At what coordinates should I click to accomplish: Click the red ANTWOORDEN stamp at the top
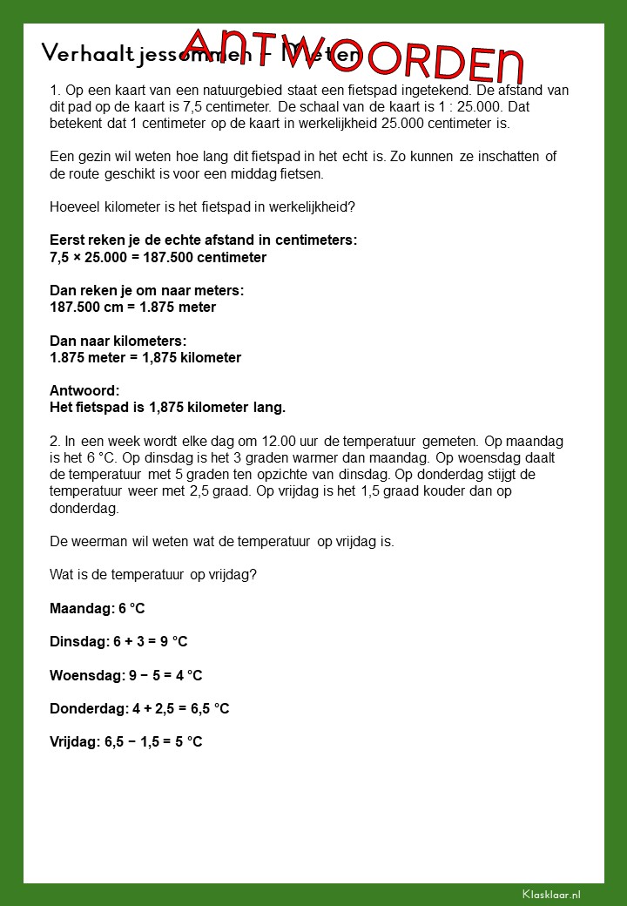[354, 53]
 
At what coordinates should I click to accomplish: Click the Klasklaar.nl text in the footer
[551, 894]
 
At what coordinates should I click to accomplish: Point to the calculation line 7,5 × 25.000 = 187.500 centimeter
[158, 257]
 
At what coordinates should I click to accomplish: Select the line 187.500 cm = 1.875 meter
[132, 307]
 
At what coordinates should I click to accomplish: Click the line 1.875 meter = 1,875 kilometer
[145, 357]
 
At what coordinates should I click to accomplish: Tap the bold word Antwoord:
[84, 390]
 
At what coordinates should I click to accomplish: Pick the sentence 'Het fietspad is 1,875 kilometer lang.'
[167, 407]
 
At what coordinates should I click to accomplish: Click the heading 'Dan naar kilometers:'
[118, 341]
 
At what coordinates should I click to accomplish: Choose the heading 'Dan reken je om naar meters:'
[146, 290]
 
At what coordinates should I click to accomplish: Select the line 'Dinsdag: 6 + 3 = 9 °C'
[118, 641]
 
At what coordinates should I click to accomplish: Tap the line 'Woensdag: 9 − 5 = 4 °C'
[125, 675]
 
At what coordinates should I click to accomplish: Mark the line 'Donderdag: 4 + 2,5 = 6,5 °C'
[139, 708]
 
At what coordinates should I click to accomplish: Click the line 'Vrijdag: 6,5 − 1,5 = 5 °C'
[125, 741]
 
